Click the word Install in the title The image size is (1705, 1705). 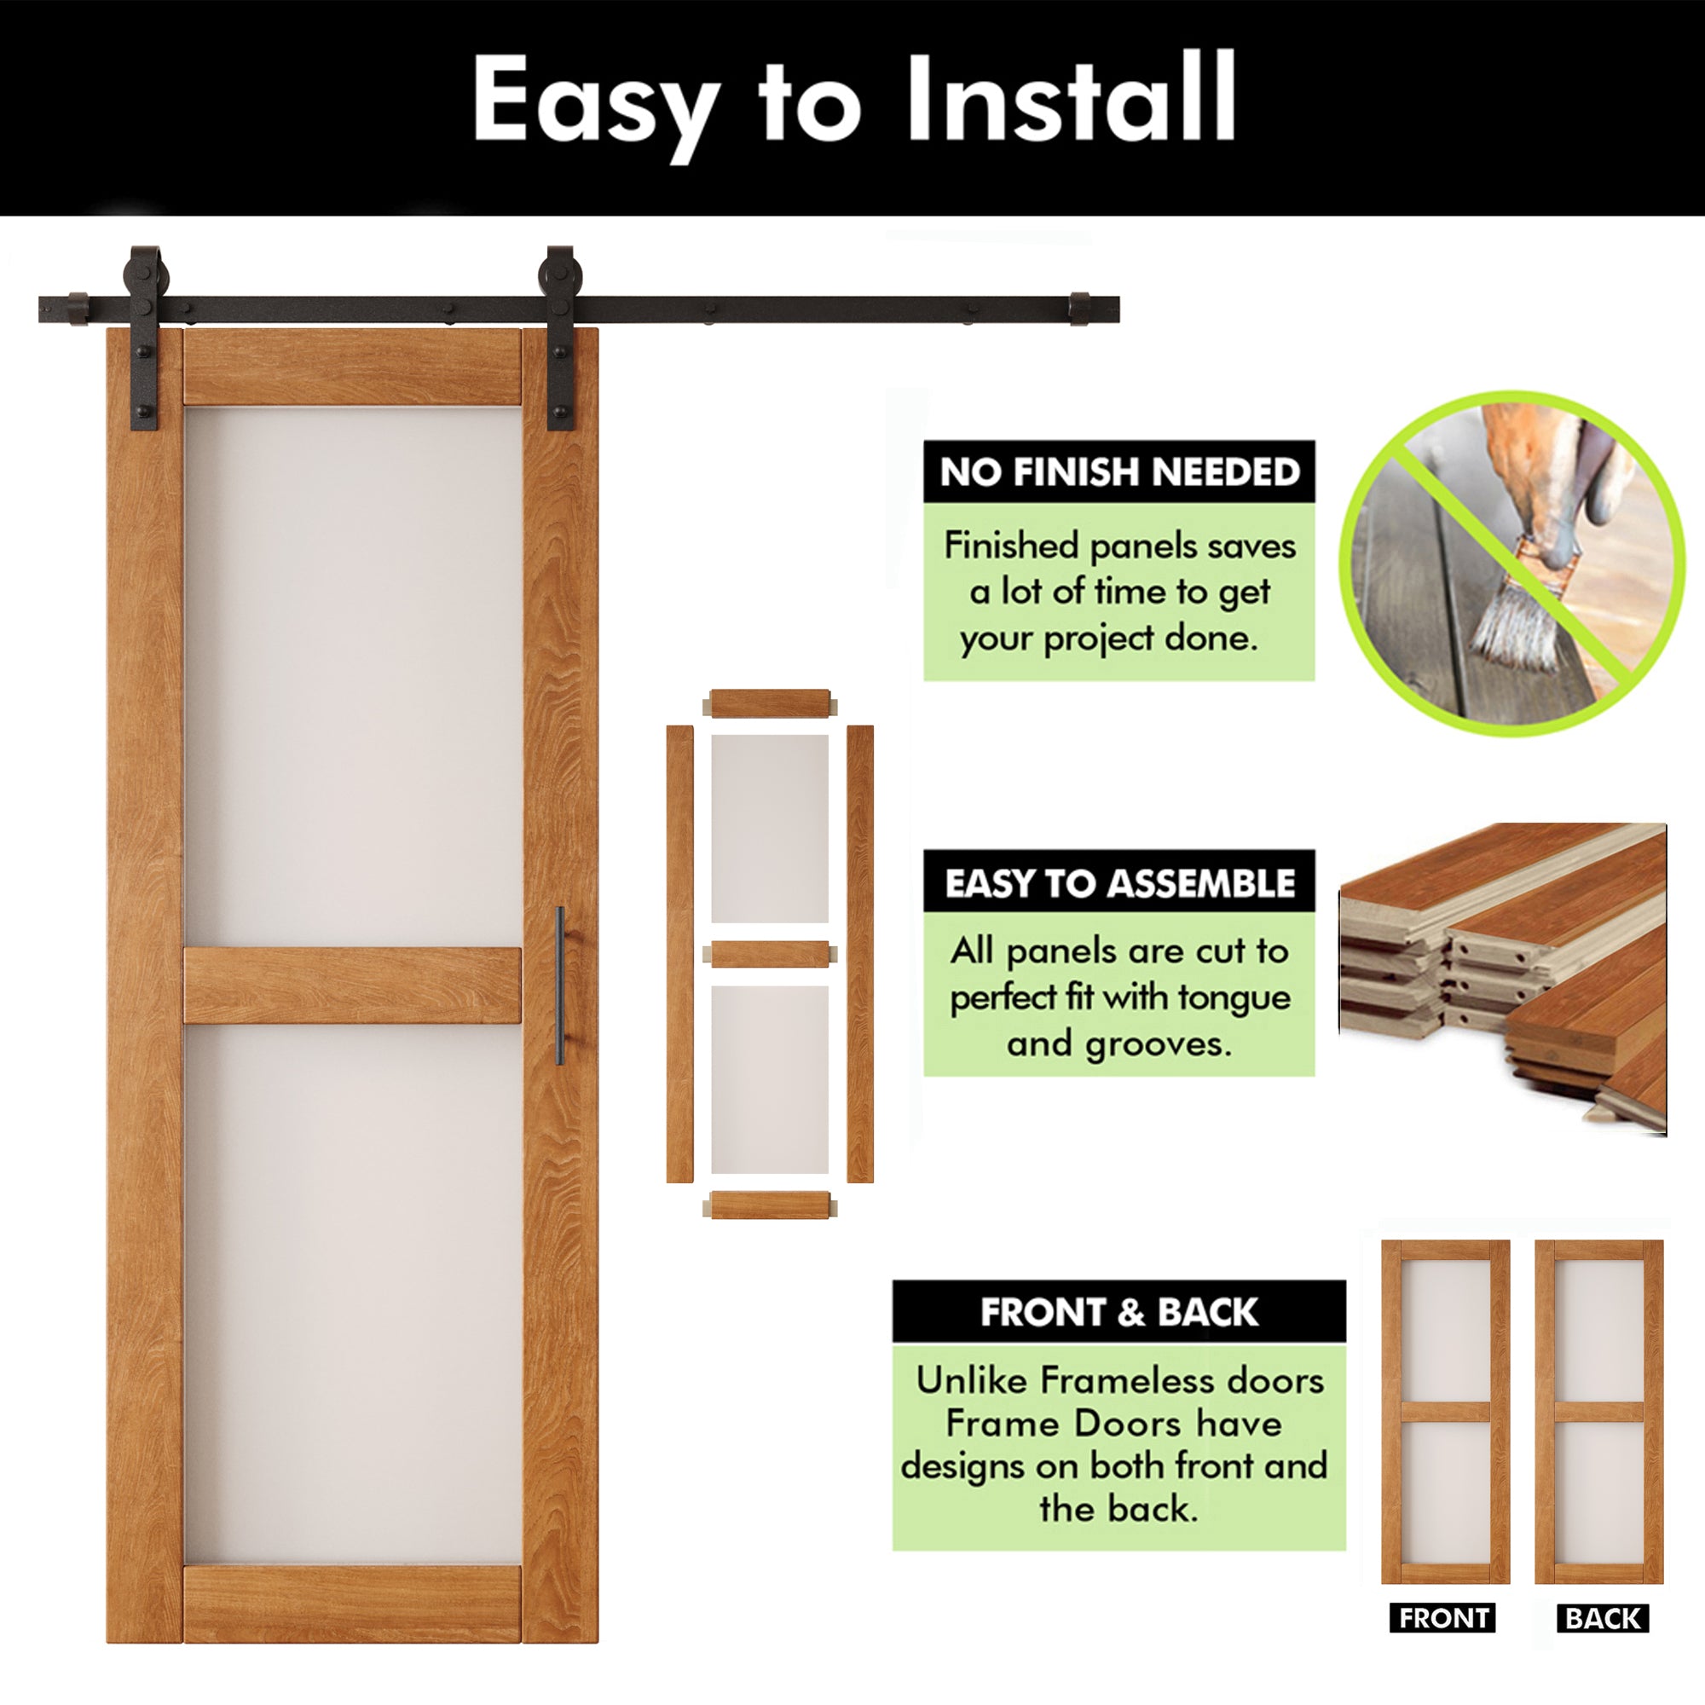click(x=1070, y=99)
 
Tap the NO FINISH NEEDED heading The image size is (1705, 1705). click(x=1119, y=472)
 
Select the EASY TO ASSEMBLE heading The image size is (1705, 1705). click(x=1119, y=882)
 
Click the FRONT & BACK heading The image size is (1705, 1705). click(x=1119, y=1312)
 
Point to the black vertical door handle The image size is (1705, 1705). click(x=559, y=985)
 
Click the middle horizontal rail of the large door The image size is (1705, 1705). click(x=352, y=985)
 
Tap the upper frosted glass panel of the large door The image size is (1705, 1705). click(x=352, y=675)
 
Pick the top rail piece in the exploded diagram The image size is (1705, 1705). click(x=770, y=704)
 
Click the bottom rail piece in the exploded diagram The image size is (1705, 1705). click(x=770, y=1205)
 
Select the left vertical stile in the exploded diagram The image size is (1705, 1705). click(x=679, y=953)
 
